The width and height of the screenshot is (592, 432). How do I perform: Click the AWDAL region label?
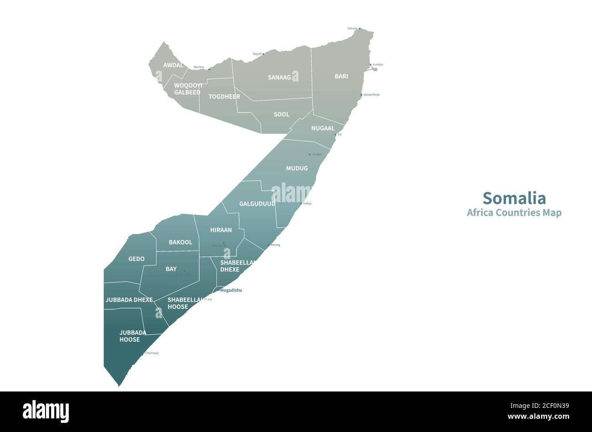(x=173, y=65)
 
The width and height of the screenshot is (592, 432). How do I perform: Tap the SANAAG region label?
(x=279, y=77)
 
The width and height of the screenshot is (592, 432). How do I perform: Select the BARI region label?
(x=341, y=76)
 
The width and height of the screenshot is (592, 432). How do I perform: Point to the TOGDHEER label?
(x=224, y=97)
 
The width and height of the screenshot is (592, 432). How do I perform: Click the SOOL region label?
(x=281, y=114)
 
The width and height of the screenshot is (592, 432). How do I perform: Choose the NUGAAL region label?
(x=323, y=128)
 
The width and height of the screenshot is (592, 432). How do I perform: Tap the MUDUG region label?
(x=297, y=168)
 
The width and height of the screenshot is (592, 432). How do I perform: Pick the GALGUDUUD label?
(x=257, y=203)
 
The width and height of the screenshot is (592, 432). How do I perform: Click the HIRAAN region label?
(x=221, y=230)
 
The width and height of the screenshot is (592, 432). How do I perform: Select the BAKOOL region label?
(x=180, y=242)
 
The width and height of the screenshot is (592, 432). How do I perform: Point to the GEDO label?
(x=136, y=259)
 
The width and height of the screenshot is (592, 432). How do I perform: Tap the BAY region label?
(x=171, y=269)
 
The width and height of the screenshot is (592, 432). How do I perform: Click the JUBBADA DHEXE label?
(x=129, y=300)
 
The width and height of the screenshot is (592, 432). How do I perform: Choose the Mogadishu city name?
(x=231, y=290)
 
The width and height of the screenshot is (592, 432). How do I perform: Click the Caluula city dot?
(x=360, y=29)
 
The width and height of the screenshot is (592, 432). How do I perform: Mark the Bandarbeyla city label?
(x=372, y=95)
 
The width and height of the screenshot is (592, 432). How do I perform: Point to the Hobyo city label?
(x=307, y=203)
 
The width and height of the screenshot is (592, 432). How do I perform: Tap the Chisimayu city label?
(x=152, y=353)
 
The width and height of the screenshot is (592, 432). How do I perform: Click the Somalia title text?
(x=514, y=198)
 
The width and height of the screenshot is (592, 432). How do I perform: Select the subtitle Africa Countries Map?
(x=514, y=213)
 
